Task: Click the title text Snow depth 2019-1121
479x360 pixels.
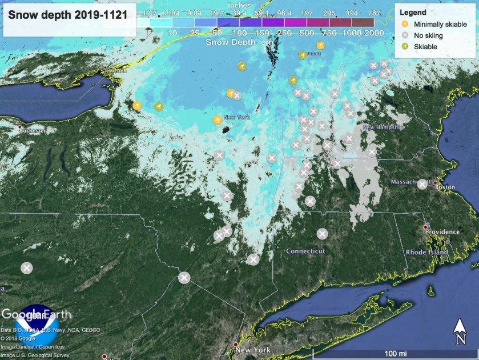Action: click(68, 15)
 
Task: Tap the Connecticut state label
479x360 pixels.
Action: click(305, 251)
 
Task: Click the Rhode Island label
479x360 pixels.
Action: click(429, 252)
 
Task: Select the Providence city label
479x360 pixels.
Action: click(442, 231)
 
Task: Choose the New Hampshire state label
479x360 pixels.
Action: click(383, 127)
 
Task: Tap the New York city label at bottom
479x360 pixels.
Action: click(252, 350)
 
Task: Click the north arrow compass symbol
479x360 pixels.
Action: click(460, 331)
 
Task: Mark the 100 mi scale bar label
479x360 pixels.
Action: click(395, 354)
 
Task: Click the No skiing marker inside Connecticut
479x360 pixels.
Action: click(322, 233)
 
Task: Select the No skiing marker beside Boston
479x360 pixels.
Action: click(422, 184)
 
